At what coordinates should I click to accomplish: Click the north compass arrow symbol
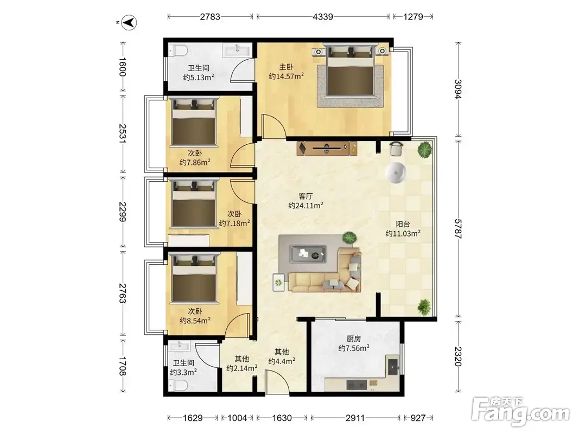[129, 22]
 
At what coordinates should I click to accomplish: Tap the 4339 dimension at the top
[323, 17]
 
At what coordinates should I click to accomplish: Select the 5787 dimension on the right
[458, 229]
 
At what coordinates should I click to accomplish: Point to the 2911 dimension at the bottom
[355, 418]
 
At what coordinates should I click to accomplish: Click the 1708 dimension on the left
[123, 366]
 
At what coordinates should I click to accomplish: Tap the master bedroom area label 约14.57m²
[286, 76]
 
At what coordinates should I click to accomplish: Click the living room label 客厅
[306, 196]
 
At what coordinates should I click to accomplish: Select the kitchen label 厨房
[354, 339]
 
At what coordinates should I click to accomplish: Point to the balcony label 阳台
[403, 224]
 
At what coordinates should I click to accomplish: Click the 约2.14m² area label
[242, 368]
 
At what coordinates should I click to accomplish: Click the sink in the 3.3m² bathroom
[180, 345]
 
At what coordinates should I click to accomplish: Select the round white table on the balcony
[396, 173]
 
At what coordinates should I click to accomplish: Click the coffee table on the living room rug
[308, 254]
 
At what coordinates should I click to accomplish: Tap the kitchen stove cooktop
[357, 385]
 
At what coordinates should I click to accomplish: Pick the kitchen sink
[392, 366]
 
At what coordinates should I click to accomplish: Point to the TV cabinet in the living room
[327, 148]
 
